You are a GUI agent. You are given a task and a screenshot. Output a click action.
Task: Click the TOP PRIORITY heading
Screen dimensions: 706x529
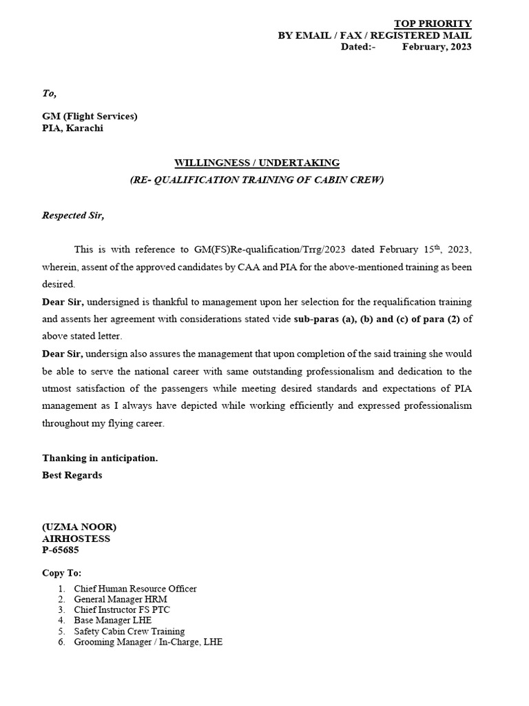point(433,23)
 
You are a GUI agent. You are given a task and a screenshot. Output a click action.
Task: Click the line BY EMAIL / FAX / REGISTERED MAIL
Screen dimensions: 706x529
point(375,35)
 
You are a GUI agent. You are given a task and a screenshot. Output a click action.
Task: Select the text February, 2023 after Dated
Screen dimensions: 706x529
point(437,47)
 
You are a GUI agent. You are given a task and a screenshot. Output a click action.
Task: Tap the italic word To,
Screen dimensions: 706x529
point(50,93)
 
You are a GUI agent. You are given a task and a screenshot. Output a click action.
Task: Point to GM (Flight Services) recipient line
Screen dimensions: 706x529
point(90,116)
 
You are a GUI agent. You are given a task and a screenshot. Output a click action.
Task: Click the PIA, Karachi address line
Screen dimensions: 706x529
point(73,128)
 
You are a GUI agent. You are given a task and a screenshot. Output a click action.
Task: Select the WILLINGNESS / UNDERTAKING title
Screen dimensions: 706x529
point(257,163)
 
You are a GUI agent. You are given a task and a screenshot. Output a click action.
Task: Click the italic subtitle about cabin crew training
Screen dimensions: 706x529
point(257,180)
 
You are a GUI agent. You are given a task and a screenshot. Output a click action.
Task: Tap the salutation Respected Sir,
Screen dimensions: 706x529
point(73,215)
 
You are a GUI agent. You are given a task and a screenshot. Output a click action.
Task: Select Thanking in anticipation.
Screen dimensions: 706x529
point(100,458)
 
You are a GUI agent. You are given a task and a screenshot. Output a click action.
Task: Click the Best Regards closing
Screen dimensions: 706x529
point(72,475)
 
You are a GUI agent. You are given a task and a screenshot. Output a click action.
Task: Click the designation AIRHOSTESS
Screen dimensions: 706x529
point(76,538)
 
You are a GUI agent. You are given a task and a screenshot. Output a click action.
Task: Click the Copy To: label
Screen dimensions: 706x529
point(61,573)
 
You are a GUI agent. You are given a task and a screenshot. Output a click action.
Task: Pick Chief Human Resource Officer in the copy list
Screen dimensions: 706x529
point(135,589)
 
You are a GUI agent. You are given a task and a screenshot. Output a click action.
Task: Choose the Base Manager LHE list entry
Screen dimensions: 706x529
point(112,621)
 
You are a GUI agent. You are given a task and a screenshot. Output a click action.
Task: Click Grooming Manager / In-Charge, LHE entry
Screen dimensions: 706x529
point(148,642)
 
